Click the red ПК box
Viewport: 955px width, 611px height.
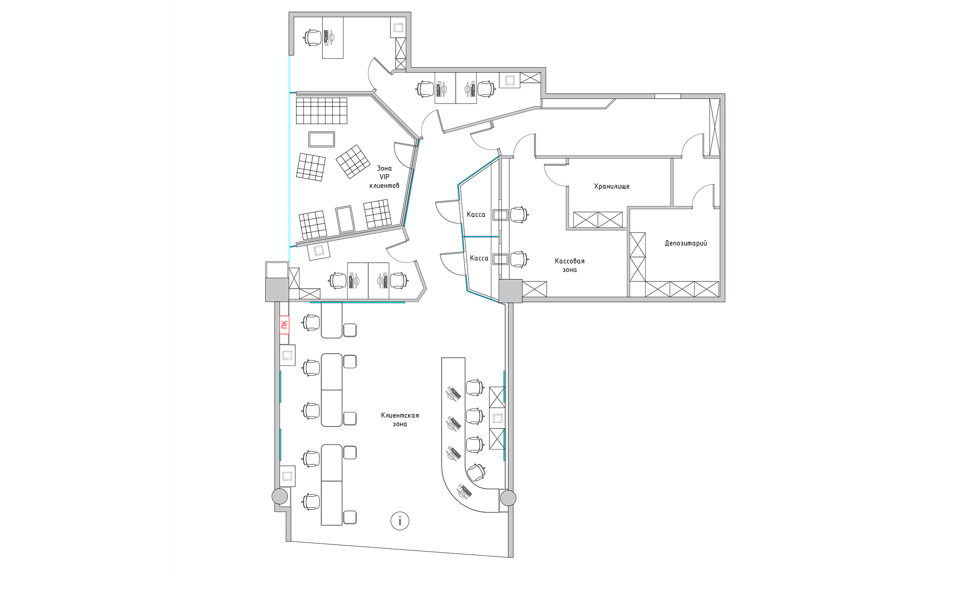tap(284, 325)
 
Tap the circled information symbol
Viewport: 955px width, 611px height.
tap(400, 520)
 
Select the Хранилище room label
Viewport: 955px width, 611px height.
tap(612, 186)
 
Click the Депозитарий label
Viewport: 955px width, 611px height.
tap(686, 243)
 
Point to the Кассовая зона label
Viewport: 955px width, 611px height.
tap(569, 265)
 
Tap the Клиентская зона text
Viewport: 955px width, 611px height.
tap(400, 419)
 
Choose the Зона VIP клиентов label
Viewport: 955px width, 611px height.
tap(384, 177)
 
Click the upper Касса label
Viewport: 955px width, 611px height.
tap(476, 215)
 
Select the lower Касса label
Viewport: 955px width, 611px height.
tap(479, 258)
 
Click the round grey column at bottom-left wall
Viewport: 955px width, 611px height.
tap(279, 496)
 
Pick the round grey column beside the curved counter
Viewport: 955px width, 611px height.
tap(508, 498)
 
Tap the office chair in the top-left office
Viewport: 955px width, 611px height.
tap(312, 38)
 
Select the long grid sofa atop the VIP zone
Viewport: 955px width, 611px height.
tap(321, 111)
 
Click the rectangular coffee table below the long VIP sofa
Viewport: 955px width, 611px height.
tap(321, 139)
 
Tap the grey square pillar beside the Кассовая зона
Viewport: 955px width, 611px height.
tap(510, 291)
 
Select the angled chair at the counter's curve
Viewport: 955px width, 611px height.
tap(476, 472)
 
